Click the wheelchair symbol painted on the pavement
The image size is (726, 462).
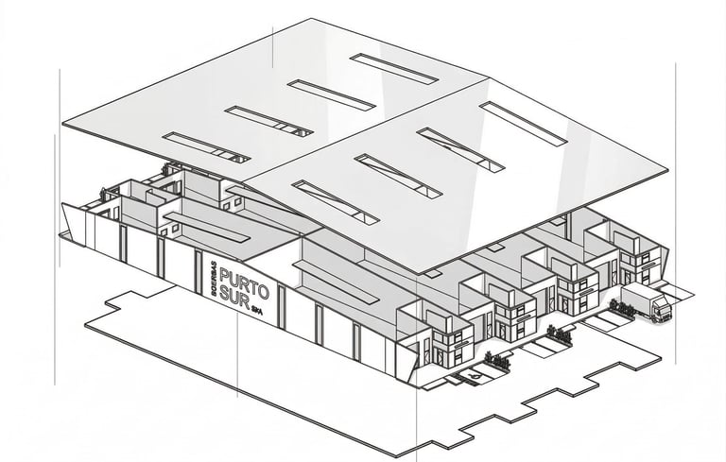click(470, 376)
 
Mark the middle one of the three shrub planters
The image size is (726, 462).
click(556, 334)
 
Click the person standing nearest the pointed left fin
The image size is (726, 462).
click(100, 195)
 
